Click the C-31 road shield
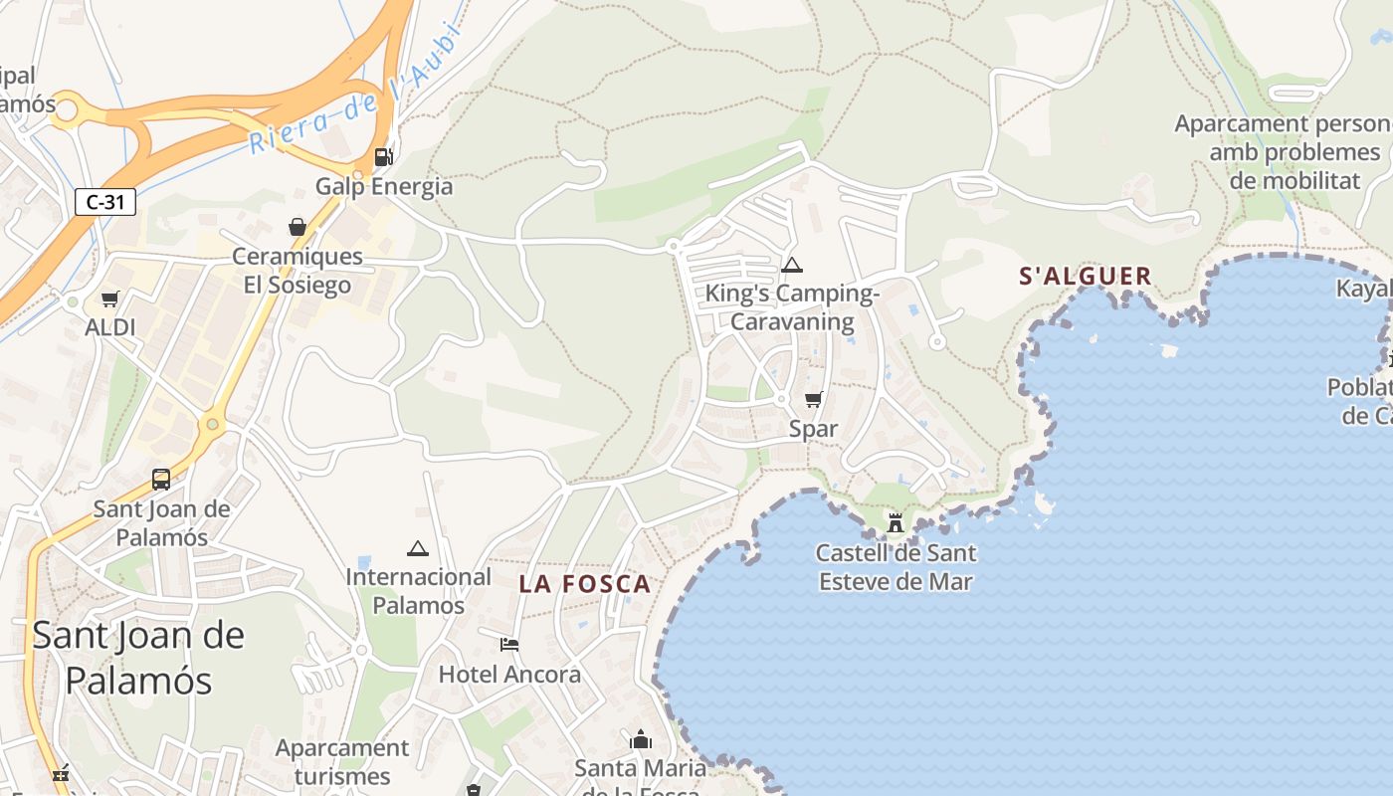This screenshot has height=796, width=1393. (x=104, y=202)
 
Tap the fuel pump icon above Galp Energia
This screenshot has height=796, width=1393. (x=383, y=156)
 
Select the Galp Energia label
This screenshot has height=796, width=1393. (x=384, y=186)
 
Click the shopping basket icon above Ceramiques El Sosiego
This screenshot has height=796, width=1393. (x=298, y=227)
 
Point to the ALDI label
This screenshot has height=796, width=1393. (x=109, y=327)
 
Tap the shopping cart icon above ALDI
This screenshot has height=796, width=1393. (x=109, y=298)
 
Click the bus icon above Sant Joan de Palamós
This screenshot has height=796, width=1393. (x=161, y=479)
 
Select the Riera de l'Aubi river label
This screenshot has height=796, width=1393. (x=353, y=95)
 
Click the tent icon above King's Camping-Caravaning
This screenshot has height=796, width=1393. (x=792, y=265)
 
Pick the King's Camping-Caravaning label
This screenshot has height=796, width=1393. (x=792, y=307)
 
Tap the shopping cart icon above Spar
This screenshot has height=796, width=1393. (x=814, y=400)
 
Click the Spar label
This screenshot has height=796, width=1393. (x=813, y=429)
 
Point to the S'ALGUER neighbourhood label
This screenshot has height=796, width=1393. (x=1086, y=277)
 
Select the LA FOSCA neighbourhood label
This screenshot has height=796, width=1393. (x=585, y=585)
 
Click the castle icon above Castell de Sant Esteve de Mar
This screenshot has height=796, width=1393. (x=895, y=522)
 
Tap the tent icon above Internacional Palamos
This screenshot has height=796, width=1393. (x=418, y=548)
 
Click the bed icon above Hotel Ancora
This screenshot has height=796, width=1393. (x=509, y=645)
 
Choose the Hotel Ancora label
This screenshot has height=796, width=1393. (x=509, y=674)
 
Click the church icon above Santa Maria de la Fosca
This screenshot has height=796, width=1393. (x=641, y=739)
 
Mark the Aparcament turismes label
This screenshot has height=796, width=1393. (x=342, y=761)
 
